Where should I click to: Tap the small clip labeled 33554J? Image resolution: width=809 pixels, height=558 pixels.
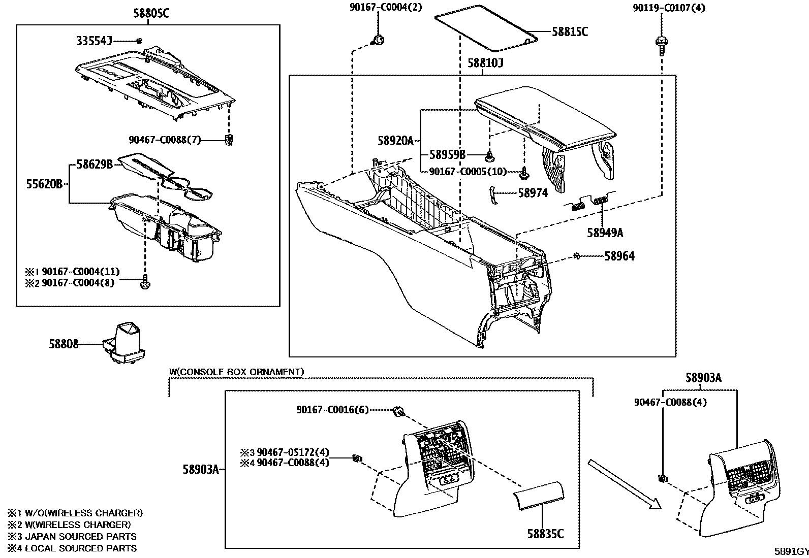(x=139, y=41)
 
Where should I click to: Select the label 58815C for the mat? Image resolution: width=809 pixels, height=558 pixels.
(x=570, y=31)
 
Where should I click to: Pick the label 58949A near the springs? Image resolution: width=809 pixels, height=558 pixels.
(x=605, y=233)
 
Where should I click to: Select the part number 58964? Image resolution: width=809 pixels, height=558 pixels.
(x=619, y=256)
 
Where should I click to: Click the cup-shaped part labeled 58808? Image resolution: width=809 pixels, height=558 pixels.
(x=125, y=343)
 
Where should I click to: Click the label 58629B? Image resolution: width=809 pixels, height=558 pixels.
(x=95, y=164)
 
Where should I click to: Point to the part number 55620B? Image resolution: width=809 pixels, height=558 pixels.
(x=44, y=184)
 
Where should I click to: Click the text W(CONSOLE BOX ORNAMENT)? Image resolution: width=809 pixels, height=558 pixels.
(x=236, y=372)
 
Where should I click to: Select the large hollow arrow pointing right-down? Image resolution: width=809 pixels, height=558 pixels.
(x=625, y=483)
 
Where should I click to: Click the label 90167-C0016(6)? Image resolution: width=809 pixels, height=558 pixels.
(x=332, y=410)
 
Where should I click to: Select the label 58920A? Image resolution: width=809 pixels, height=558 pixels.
(x=396, y=141)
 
